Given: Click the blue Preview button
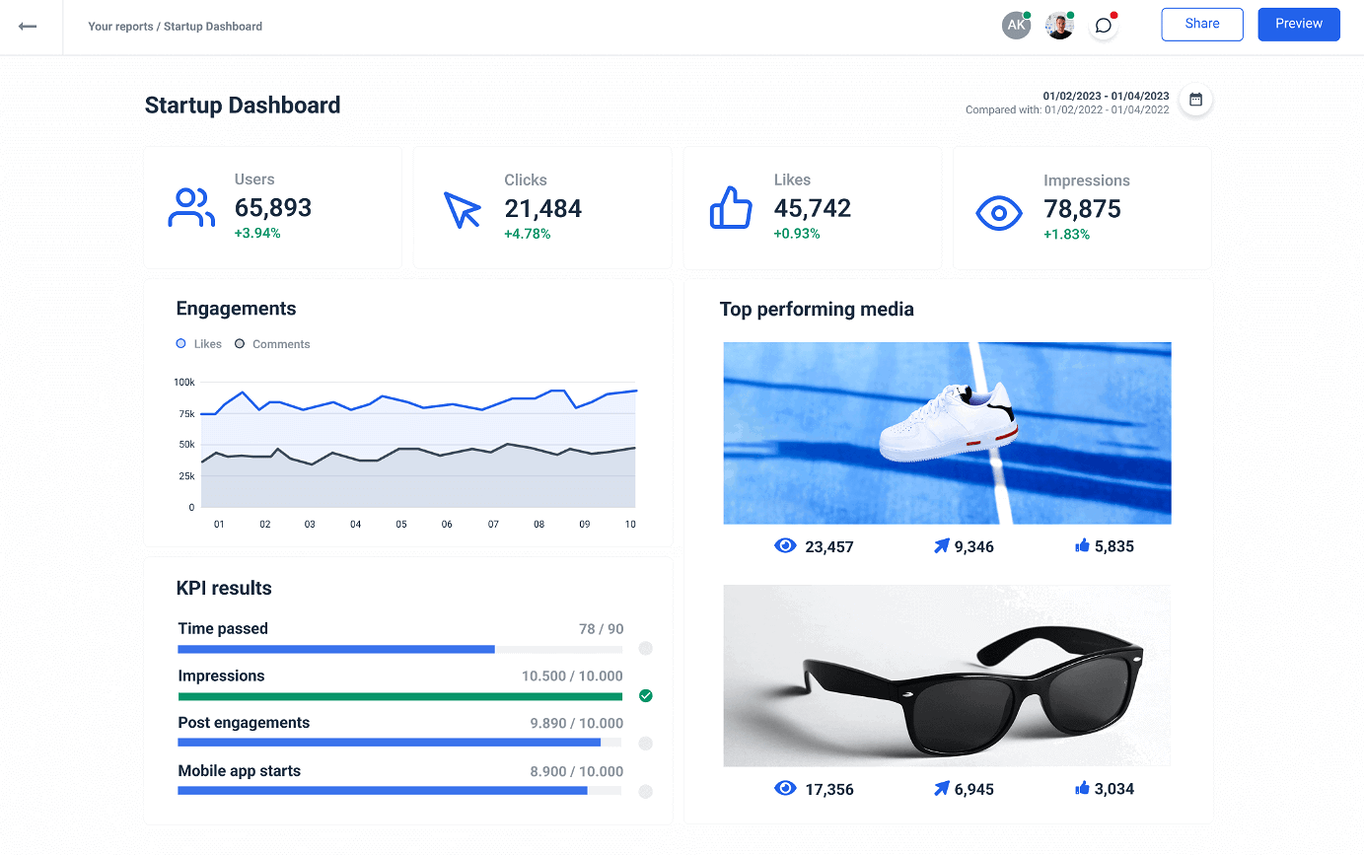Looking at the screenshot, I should pyautogui.click(x=1298, y=25).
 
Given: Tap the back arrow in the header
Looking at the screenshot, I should pyautogui.click(x=28, y=27).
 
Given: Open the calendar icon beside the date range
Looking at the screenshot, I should pyautogui.click(x=1195, y=100).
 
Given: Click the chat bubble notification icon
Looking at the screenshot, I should pyautogui.click(x=1104, y=26).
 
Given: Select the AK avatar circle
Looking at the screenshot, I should pyautogui.click(x=1016, y=26).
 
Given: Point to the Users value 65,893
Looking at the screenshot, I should pyautogui.click(x=273, y=208).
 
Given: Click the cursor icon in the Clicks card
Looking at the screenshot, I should pyautogui.click(x=462, y=210).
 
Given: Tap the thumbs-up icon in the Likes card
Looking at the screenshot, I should pyautogui.click(x=731, y=209).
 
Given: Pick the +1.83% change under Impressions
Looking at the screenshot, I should pyautogui.click(x=1066, y=235).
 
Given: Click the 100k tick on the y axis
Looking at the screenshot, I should pyautogui.click(x=184, y=382).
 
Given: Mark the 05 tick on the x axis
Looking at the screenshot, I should pyautogui.click(x=401, y=525).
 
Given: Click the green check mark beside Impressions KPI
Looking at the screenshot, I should pyautogui.click(x=646, y=696).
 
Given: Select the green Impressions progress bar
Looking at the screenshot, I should pyautogui.click(x=399, y=696).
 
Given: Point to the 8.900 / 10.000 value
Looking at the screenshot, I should pyautogui.click(x=576, y=771).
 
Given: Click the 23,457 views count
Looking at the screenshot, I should pyautogui.click(x=828, y=546).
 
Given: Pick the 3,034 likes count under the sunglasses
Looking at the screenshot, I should pyautogui.click(x=1113, y=789).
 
